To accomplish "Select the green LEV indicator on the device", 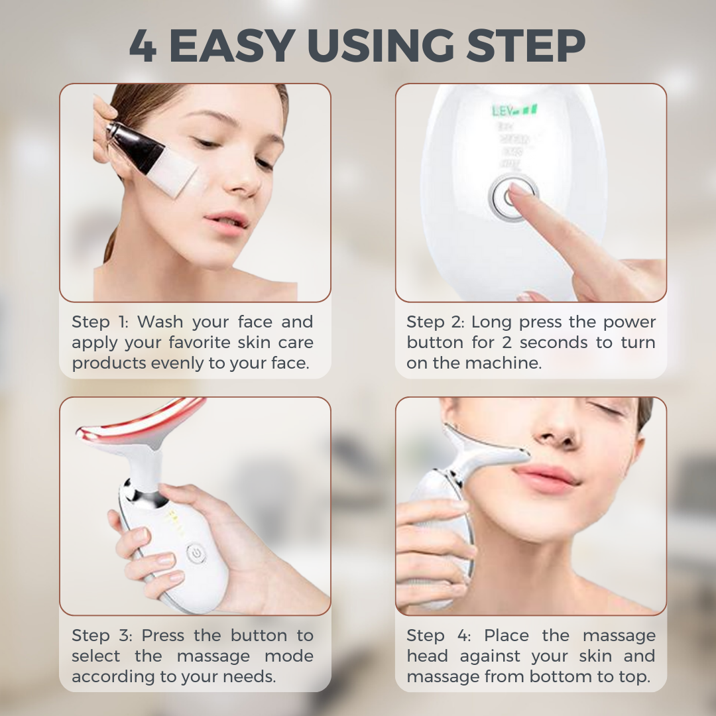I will tap(514, 110).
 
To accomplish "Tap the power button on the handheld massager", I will tap(194, 552).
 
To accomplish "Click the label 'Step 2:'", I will tap(436, 323).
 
